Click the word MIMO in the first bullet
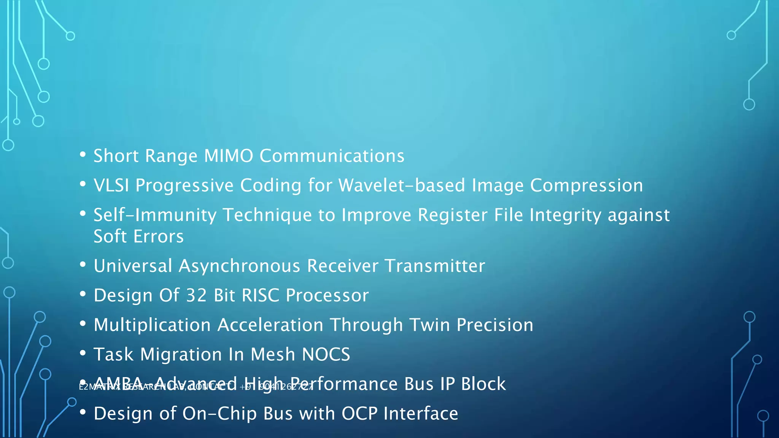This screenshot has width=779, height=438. pos(228,156)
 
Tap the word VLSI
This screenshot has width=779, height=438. pos(111,186)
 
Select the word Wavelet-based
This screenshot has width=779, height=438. pos(402,186)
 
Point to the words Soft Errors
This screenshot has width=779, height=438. pos(138,236)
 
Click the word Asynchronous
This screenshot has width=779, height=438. pos(240,266)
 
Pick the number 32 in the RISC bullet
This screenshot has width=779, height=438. pos(196,295)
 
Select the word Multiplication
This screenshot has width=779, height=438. pos(152,325)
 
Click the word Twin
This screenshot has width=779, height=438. pos(429,325)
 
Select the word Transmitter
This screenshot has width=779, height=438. pos(435,266)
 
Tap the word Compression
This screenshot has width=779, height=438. pos(586,186)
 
